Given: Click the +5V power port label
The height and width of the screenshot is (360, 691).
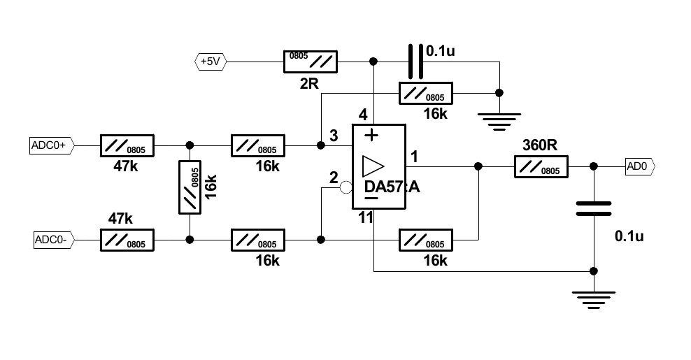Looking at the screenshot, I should coord(209,62).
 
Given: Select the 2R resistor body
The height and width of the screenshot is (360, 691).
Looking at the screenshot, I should coord(310,62).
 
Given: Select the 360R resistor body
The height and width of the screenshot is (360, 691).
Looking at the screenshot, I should coord(541,166).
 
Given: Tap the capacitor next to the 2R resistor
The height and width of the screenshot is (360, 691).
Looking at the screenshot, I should coord(415,62).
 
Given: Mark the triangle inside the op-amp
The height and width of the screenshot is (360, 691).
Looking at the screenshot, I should coord(373,167).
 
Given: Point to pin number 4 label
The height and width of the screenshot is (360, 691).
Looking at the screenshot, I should coord(362,115).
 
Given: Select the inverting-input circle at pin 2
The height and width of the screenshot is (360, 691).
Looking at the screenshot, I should coord(345,187).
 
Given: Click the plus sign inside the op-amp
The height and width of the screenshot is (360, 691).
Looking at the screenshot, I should coord(371,134).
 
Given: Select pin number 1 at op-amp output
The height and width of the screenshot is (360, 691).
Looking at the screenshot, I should coord(414,157).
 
